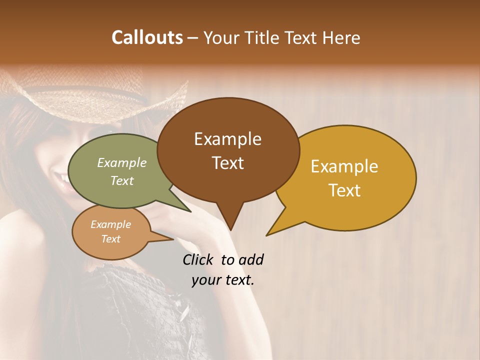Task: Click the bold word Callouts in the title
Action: coord(147,37)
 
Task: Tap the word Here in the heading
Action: coord(342,37)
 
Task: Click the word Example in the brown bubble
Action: coord(227,139)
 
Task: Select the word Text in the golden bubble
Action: coord(344,190)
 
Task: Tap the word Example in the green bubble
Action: coord(122,163)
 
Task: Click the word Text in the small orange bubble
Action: coord(111,239)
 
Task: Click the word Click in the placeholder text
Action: coord(198,259)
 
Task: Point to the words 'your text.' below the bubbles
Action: coord(223,280)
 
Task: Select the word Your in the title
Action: coord(220,38)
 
